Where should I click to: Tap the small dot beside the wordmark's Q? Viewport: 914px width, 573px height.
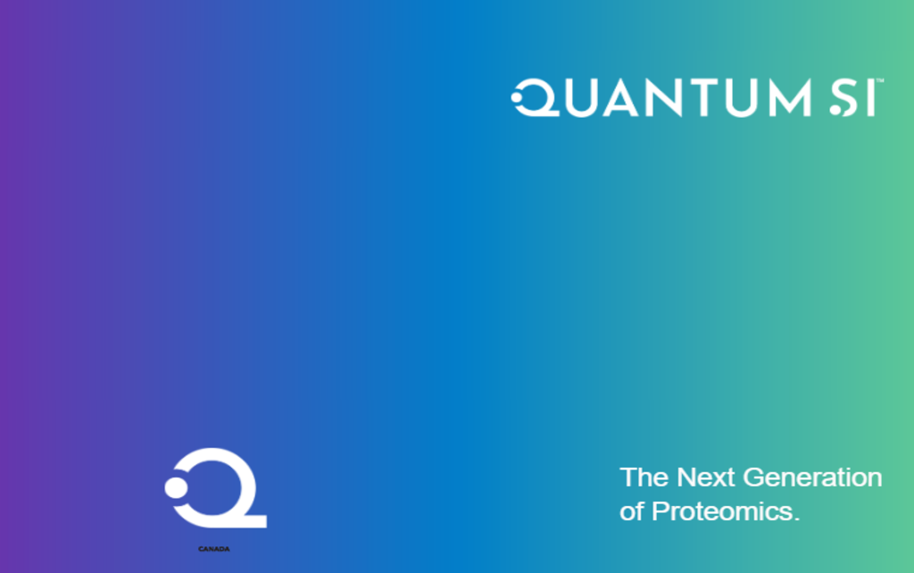[x=517, y=97]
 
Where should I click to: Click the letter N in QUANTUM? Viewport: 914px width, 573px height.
[x=663, y=98]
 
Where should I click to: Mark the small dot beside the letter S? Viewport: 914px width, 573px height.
[x=835, y=110]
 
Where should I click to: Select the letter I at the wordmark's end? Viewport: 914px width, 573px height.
[x=873, y=98]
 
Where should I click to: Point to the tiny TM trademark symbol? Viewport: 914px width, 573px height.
[x=880, y=80]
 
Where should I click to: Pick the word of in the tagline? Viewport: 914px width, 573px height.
[x=632, y=511]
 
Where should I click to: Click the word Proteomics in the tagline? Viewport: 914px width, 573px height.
[x=725, y=511]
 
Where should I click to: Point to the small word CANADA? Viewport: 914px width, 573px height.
[x=214, y=549]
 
